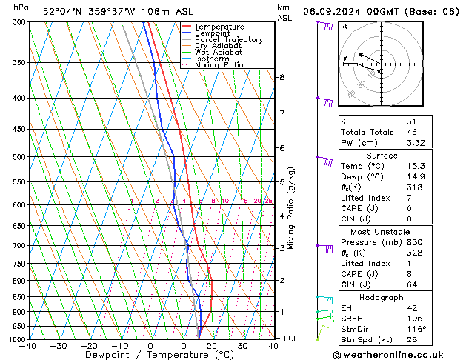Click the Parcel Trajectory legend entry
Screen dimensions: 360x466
228,40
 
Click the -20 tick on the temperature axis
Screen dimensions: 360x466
89,346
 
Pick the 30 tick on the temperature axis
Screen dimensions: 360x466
242,346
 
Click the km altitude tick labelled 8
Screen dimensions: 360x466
282,77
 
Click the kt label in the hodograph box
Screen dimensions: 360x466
344,27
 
